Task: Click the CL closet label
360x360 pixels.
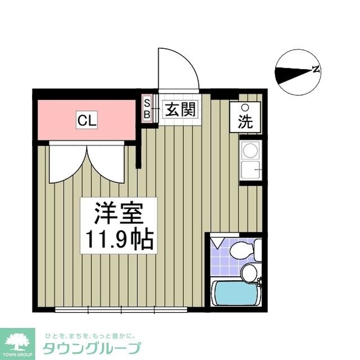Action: [x=87, y=119]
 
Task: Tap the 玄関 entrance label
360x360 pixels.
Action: [x=180, y=110]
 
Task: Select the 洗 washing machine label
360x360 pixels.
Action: [x=245, y=121]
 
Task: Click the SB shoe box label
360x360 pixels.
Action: [x=147, y=109]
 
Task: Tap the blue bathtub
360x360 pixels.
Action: [x=234, y=292]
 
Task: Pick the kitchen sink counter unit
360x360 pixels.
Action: [x=250, y=160]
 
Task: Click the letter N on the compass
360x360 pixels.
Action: [x=317, y=70]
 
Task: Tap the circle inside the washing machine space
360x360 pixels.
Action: [x=245, y=108]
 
